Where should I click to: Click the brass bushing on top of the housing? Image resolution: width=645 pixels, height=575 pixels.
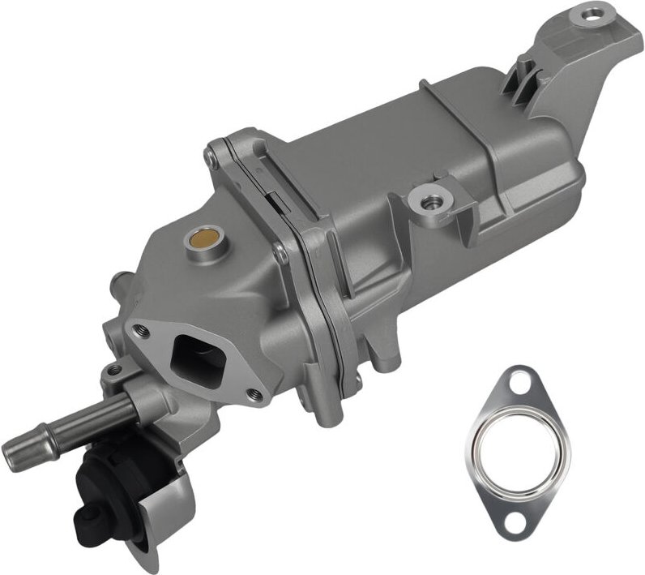click(198, 239)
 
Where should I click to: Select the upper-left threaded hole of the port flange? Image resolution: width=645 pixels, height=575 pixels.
click(143, 329)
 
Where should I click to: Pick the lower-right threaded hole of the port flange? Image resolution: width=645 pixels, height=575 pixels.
click(255, 395)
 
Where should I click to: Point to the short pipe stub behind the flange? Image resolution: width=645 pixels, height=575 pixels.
click(121, 286)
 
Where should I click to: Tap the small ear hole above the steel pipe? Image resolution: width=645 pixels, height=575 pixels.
click(114, 371)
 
